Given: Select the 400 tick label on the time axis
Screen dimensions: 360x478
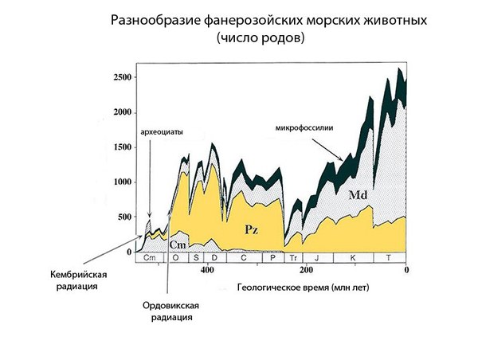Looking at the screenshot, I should point(207,269).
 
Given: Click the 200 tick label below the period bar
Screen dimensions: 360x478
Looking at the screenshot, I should point(305,269).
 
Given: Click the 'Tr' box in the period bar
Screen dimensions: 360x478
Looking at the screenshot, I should point(293,258).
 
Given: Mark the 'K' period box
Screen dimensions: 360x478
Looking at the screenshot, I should point(352,258).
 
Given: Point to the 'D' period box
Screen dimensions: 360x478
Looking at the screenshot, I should point(214,258).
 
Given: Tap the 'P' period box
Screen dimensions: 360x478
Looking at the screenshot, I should point(272,258).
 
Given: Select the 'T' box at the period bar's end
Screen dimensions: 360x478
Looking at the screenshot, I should point(389,258).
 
